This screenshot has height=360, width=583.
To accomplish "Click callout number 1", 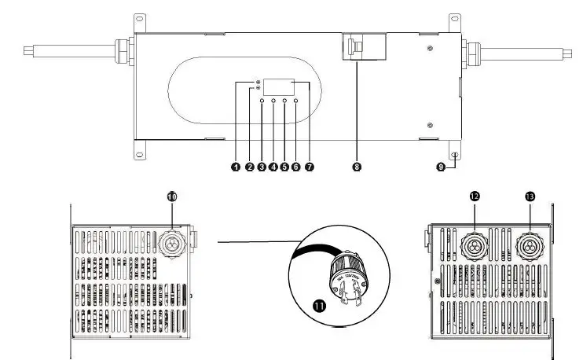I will click(x=234, y=167).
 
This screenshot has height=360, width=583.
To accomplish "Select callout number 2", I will click(x=249, y=167).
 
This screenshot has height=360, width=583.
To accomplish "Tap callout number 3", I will click(x=262, y=167).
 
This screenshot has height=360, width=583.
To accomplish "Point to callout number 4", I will click(x=273, y=167).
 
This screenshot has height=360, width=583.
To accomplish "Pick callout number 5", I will click(x=284, y=167).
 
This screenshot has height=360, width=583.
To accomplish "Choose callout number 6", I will click(x=295, y=167).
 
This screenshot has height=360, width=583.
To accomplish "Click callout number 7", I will click(x=309, y=167).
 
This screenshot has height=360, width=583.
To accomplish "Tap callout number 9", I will click(x=441, y=167).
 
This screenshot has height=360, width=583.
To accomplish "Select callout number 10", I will click(x=171, y=196).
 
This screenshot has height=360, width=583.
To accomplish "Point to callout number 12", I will click(x=475, y=196).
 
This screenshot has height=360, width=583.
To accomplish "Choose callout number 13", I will click(x=530, y=196).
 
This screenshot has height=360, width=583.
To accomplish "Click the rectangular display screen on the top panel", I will click(x=279, y=87).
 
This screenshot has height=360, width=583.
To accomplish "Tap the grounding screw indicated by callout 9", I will click(x=454, y=156).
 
